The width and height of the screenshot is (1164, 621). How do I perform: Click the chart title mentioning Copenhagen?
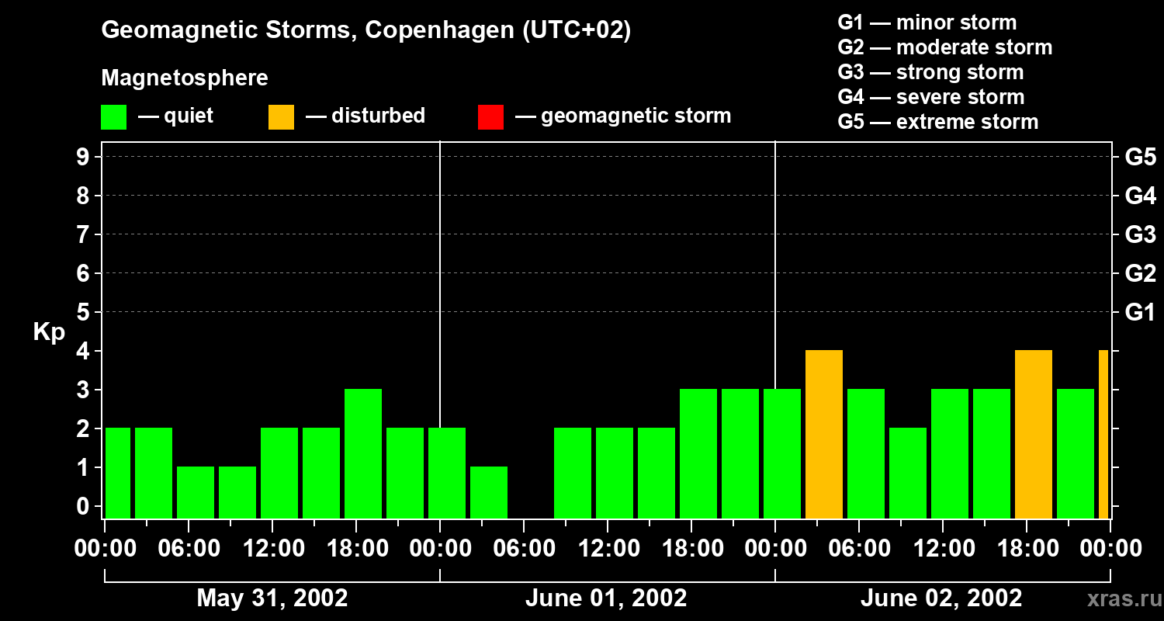pyautogui.click(x=365, y=30)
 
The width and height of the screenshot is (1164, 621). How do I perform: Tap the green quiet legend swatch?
pyautogui.click(x=114, y=117)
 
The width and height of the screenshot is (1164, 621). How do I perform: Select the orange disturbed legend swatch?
pyautogui.click(x=281, y=117)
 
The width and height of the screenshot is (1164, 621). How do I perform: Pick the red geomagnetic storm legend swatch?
pyautogui.click(x=490, y=117)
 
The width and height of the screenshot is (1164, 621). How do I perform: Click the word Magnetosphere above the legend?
pyautogui.click(x=185, y=78)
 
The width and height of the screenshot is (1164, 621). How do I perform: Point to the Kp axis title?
pyautogui.click(x=49, y=332)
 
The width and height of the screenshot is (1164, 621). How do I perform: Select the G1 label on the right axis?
pyautogui.click(x=1140, y=313)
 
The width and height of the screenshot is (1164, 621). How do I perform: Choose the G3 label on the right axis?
pyautogui.click(x=1140, y=235)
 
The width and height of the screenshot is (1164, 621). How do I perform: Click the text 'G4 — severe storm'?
pyautogui.click(x=930, y=97)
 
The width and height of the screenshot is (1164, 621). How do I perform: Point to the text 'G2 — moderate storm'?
pyautogui.click(x=944, y=47)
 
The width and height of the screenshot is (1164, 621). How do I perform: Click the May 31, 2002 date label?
pyautogui.click(x=272, y=598)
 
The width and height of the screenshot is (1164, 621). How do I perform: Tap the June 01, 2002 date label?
pyautogui.click(x=606, y=598)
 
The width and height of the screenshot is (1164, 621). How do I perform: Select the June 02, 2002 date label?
pyautogui.click(x=941, y=598)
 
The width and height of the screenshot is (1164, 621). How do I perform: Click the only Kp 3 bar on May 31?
pyautogui.click(x=363, y=453)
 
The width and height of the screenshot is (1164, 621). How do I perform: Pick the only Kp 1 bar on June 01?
pyautogui.click(x=489, y=492)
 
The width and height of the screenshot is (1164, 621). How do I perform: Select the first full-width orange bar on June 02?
pyautogui.click(x=824, y=434)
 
